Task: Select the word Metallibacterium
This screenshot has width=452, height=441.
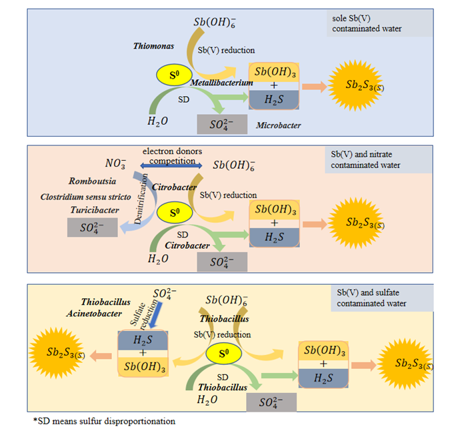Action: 222,82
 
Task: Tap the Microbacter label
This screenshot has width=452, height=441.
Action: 278,125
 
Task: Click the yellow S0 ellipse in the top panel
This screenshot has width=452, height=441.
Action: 174,75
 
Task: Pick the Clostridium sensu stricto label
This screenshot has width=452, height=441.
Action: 85,197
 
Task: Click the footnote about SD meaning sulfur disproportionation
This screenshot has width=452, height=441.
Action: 103,422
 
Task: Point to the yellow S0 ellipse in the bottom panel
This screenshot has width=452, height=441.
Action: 222,354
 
